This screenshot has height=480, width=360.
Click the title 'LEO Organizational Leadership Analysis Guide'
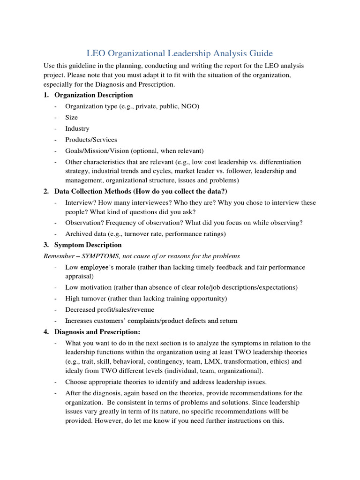coord(180,53)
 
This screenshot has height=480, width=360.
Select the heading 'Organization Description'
coord(94,95)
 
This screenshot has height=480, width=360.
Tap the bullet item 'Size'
coord(71,117)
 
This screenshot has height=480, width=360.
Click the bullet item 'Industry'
coord(77,128)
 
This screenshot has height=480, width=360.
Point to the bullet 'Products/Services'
coord(91,140)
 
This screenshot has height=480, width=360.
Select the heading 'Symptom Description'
coord(88,245)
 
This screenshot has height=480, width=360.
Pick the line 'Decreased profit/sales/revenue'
coord(110,309)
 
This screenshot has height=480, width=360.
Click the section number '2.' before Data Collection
coord(46,191)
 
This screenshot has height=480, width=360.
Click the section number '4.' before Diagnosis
coord(46,332)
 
